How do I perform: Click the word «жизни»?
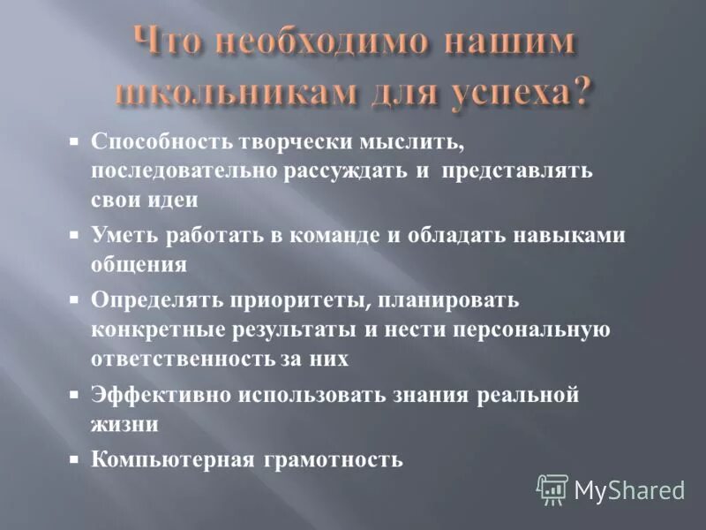coord(124,423)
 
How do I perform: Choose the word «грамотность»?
coord(331,460)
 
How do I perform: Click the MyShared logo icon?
coord(552,488)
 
